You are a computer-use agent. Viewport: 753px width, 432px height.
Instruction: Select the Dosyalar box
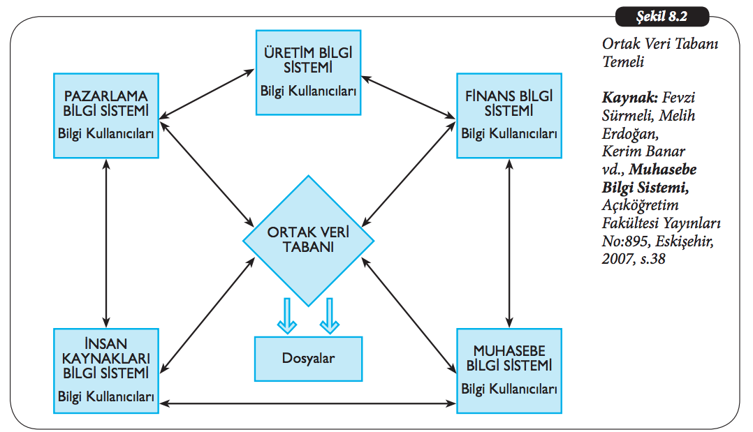coord(308,359)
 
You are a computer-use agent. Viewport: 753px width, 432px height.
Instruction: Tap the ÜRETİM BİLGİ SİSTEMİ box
coord(308,72)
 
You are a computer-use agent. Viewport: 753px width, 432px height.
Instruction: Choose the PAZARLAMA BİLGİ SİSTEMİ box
coord(105,115)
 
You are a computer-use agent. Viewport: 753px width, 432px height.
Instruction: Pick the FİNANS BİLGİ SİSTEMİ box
coord(509,115)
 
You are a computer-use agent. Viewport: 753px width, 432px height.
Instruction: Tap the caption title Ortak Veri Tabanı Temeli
coord(660,52)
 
